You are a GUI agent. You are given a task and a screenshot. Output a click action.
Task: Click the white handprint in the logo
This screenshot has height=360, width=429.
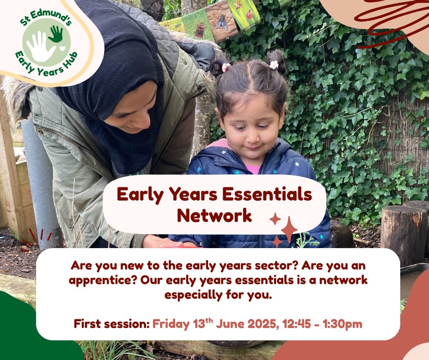click(x=40, y=47)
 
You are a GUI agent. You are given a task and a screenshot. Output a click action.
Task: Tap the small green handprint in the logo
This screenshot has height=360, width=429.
click(x=56, y=33)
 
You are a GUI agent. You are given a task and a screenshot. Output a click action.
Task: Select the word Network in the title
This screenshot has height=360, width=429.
click(x=214, y=215)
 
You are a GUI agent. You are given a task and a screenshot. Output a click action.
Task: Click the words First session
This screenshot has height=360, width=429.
click(x=111, y=324)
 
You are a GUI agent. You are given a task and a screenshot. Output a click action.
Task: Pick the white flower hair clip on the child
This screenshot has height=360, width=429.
click(x=274, y=64)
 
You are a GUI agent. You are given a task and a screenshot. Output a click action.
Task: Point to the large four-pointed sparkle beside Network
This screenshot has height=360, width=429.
click(x=289, y=229)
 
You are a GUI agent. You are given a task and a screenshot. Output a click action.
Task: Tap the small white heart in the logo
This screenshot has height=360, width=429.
click(x=62, y=48)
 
